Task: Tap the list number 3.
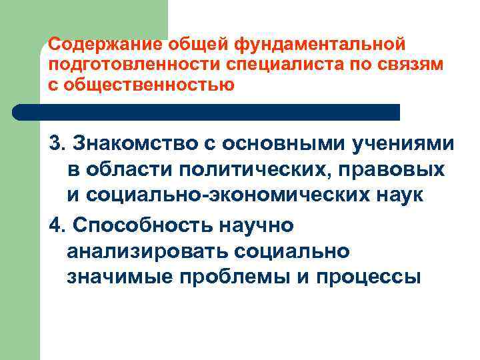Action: click(56, 143)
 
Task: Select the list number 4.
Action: click(56, 225)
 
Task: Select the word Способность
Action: click(143, 225)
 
